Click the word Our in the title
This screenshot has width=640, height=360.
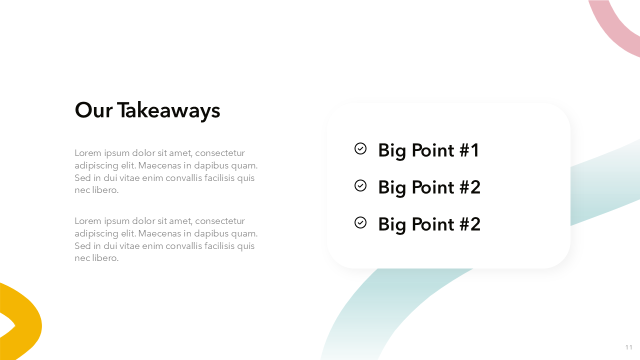pyautogui.click(x=93, y=110)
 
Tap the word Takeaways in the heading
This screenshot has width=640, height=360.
pyautogui.click(x=168, y=111)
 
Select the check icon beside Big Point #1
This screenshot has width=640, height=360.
pyautogui.click(x=360, y=148)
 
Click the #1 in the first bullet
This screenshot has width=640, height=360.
pyautogui.click(x=469, y=150)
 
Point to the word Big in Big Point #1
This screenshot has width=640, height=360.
pyautogui.click(x=391, y=151)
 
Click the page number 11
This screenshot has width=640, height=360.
pyautogui.click(x=628, y=347)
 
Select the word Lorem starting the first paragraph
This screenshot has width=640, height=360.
pyautogui.click(x=88, y=153)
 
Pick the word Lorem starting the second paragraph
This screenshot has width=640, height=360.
pyautogui.click(x=88, y=221)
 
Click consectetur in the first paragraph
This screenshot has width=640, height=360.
pyautogui.click(x=220, y=153)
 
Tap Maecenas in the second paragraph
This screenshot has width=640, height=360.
pyautogui.click(x=159, y=233)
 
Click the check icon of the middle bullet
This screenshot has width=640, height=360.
pyautogui.click(x=360, y=185)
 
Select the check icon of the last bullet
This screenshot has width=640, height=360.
pyautogui.click(x=360, y=222)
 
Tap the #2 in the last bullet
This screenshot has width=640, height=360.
pyautogui.click(x=470, y=224)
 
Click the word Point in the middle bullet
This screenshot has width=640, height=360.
pyautogui.click(x=432, y=187)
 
